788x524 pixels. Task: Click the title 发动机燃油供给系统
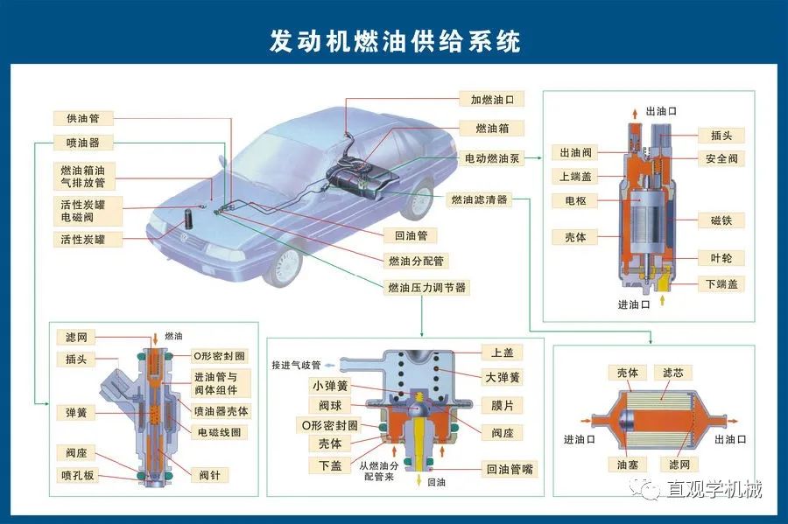click(394, 42)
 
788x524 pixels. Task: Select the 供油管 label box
click(77, 118)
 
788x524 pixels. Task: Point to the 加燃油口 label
click(492, 100)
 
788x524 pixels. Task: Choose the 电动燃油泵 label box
click(492, 159)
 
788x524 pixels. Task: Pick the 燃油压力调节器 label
click(426, 287)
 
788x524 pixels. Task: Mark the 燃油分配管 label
click(416, 261)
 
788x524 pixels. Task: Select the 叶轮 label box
click(721, 258)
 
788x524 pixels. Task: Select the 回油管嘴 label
click(510, 470)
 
